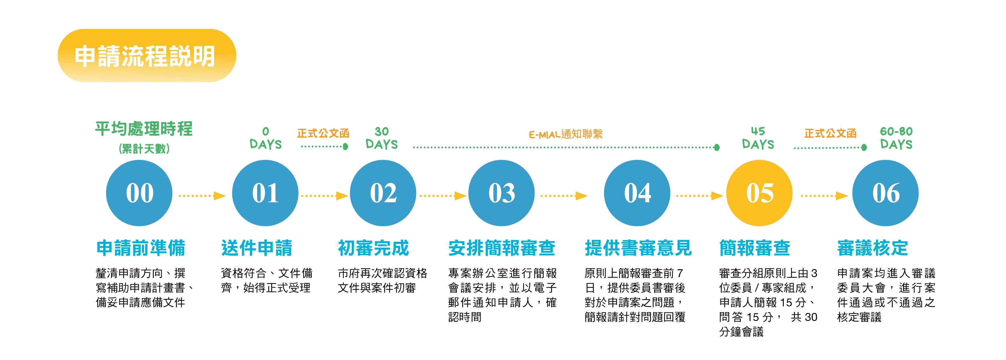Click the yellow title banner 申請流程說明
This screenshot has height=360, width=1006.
point(147,55)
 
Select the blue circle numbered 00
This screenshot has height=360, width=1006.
point(139,193)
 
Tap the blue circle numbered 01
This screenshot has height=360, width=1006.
point(265,193)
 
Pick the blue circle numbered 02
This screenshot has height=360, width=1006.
point(383,193)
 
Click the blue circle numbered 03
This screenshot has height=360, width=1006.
point(502,193)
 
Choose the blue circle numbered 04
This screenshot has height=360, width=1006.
point(637,193)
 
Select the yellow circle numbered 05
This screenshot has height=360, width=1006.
point(759,193)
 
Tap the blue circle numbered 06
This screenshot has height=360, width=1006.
point(885,193)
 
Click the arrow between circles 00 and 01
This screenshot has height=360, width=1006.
point(202,196)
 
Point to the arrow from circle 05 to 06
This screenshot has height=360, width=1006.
point(824,196)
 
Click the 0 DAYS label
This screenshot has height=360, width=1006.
point(266,138)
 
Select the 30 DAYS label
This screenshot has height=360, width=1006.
point(381,138)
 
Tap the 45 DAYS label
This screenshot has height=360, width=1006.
point(758,138)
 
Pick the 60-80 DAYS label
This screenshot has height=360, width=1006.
point(896,138)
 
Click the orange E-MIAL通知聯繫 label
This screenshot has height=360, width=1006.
point(566,134)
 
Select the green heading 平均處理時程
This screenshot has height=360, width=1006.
point(144,129)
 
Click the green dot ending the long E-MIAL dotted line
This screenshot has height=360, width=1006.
point(717,148)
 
